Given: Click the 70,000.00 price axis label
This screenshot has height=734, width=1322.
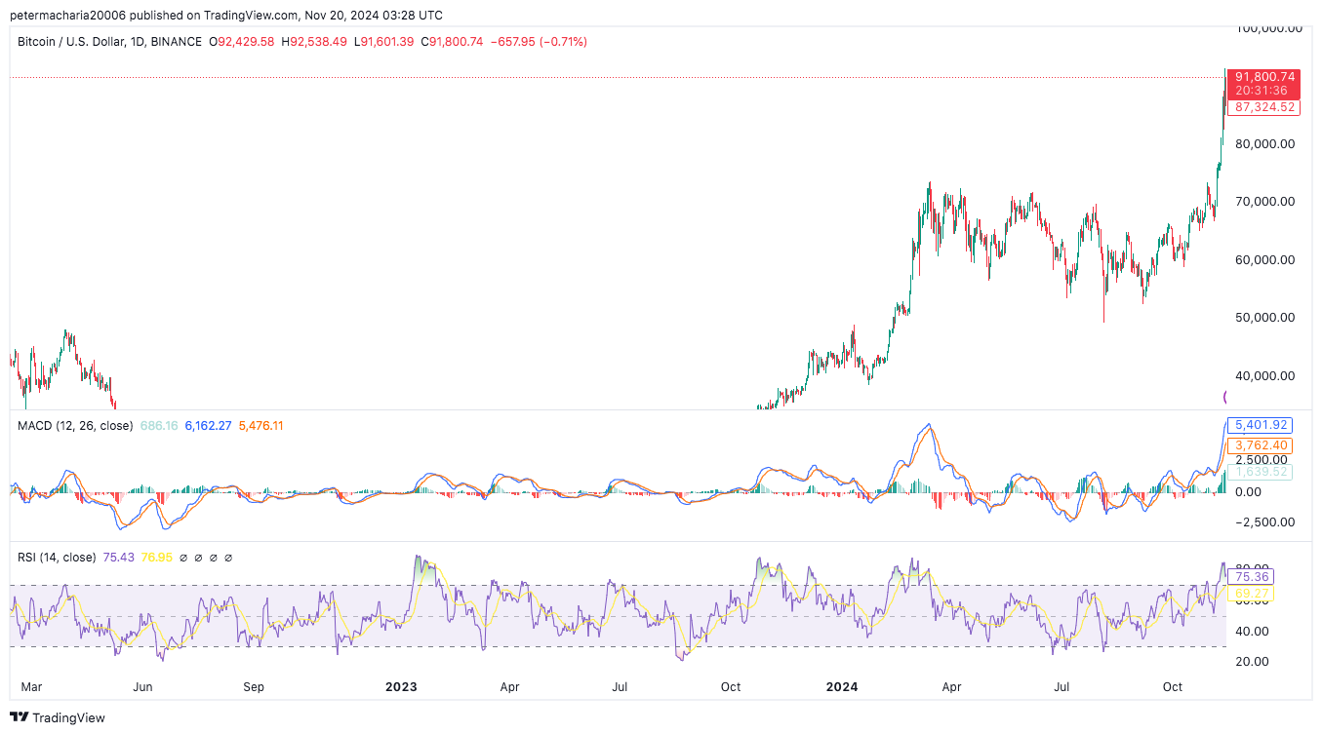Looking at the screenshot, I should (x=1265, y=202).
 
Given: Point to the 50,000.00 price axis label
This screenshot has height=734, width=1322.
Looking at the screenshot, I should (x=1265, y=317).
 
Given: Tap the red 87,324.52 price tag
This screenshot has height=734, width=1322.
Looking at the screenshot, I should (x=1264, y=107).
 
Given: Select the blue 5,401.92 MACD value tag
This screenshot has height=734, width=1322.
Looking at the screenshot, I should (x=1262, y=425).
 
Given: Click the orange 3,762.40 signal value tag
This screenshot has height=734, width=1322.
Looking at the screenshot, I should (x=1262, y=445).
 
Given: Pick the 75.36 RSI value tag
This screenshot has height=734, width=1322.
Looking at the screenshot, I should (x=1253, y=577).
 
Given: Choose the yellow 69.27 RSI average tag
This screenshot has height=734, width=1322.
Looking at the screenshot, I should (x=1253, y=593).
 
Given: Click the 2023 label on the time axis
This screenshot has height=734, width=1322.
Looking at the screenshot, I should (x=401, y=686).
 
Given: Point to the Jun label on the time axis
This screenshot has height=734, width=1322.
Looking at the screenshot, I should (x=142, y=686).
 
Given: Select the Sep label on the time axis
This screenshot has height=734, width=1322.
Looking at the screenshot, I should (x=254, y=686).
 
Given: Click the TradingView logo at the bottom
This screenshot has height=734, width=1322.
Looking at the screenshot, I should (x=59, y=717).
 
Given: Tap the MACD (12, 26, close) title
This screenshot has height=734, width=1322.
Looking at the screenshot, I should (x=75, y=426).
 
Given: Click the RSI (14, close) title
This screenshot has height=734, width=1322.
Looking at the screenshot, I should (x=57, y=558).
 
